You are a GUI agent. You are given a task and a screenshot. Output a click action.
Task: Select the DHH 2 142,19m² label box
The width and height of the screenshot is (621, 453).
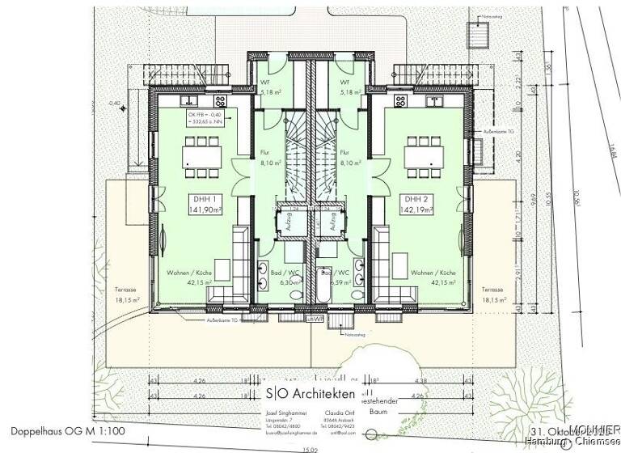(418, 205)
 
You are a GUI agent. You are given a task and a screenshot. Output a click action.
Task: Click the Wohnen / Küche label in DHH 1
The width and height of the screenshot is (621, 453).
(190, 278)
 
